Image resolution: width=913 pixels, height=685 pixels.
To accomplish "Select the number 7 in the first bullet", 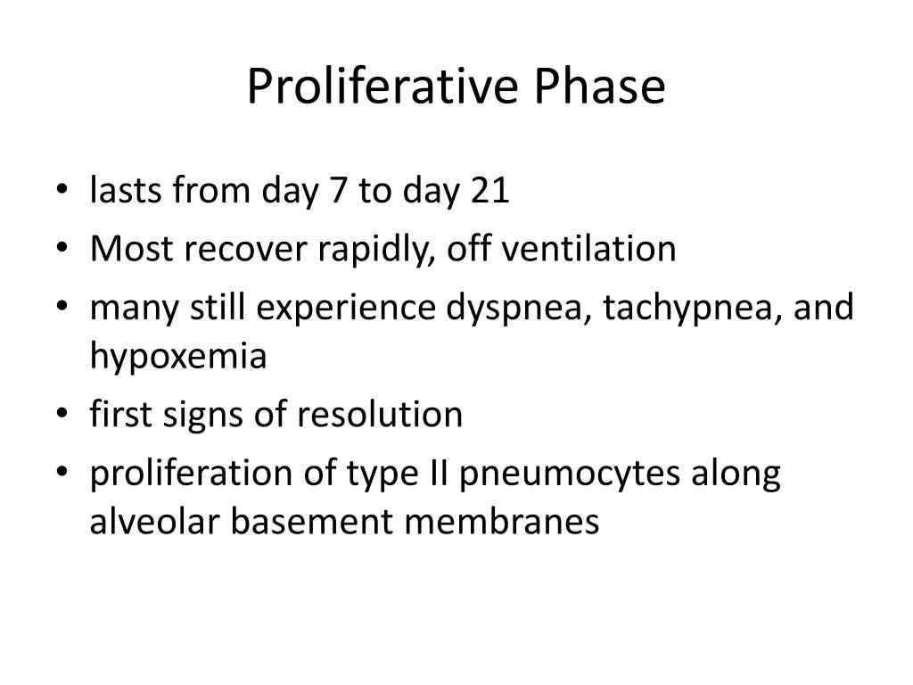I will [339, 191].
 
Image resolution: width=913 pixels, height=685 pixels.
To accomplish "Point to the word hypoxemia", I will [177, 356].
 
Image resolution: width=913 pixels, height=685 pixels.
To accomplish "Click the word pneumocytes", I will [571, 473].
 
